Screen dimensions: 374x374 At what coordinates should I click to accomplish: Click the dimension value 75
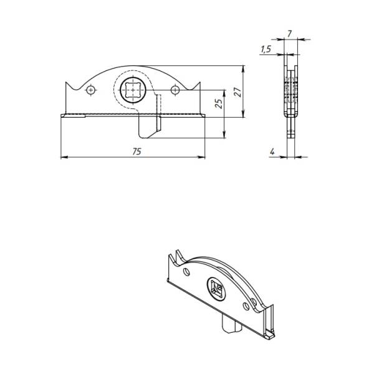(137, 151)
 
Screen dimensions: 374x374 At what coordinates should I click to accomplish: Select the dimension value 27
(237, 92)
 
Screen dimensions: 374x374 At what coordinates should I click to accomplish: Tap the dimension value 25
(219, 103)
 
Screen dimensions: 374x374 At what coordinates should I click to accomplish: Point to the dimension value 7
(289, 34)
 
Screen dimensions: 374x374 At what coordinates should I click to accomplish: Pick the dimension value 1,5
(266, 49)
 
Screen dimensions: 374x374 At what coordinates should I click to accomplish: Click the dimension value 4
(272, 151)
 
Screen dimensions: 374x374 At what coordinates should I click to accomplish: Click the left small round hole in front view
(90, 90)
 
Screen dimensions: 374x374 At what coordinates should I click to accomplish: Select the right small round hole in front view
(175, 90)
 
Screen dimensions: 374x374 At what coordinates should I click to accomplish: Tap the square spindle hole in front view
(133, 90)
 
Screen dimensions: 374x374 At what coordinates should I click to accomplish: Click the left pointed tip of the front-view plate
(66, 82)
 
